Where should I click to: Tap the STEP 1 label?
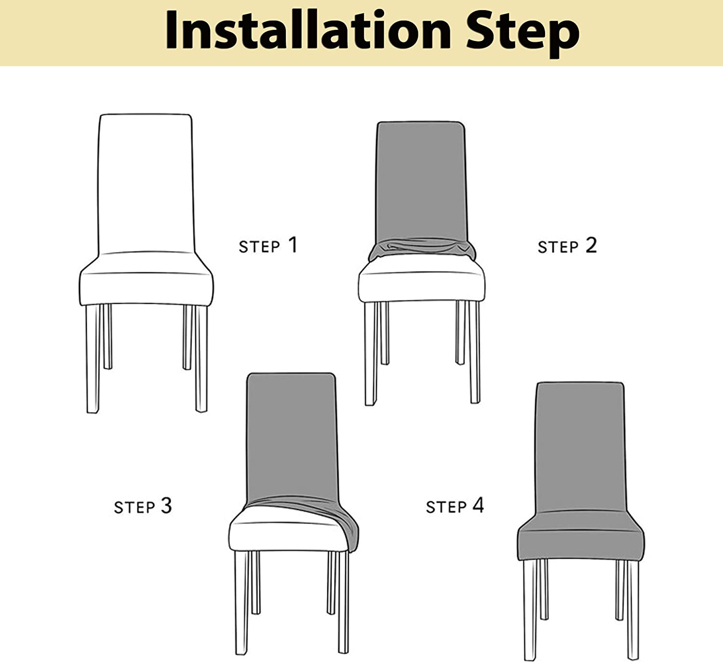[268, 245]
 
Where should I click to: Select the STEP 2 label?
[567, 246]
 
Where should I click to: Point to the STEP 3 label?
[143, 506]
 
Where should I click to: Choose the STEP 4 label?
[455, 506]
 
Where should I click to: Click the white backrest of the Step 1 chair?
[146, 183]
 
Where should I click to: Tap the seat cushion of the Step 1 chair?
[146, 288]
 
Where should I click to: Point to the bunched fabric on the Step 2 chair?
[422, 249]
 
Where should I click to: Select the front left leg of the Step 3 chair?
[242, 603]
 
